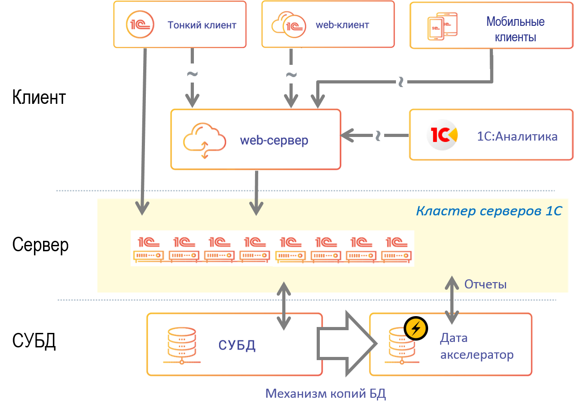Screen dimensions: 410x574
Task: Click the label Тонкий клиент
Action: pyautogui.click(x=202, y=25)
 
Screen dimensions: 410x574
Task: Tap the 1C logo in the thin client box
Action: pyautogui.click(x=140, y=24)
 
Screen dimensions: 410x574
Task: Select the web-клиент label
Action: pyautogui.click(x=342, y=25)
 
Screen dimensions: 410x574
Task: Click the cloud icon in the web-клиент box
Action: pyautogui.click(x=285, y=24)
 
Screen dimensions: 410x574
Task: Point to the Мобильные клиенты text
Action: pyautogui.click(x=515, y=29)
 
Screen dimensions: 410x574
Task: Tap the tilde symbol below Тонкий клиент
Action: pyautogui.click(x=192, y=73)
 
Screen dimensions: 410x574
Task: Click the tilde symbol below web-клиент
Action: pyautogui.click(x=291, y=74)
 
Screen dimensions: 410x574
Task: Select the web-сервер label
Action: pyautogui.click(x=274, y=140)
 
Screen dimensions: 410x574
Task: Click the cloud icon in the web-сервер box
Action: pyautogui.click(x=204, y=140)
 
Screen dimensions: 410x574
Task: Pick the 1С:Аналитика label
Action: pyautogui.click(x=517, y=136)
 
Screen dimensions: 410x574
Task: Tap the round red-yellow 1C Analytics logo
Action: pyautogui.click(x=442, y=135)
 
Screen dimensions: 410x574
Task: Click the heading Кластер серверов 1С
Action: pyautogui.click(x=489, y=211)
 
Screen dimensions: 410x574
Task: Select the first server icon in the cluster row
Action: pyautogui.click(x=148, y=249)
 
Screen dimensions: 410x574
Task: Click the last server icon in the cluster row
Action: pyautogui.click(x=396, y=249)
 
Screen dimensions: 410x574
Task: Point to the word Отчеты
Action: pyautogui.click(x=485, y=284)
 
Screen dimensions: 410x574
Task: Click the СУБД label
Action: pyautogui.click(x=237, y=345)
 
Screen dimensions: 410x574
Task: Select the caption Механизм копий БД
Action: pyautogui.click(x=325, y=394)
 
